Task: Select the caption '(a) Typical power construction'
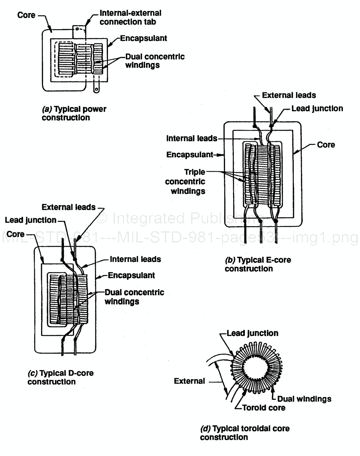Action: tap(74, 113)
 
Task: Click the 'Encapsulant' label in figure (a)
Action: tap(143, 39)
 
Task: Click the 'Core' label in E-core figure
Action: tap(326, 144)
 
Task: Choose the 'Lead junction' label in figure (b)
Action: tap(317, 108)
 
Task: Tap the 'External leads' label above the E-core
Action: tap(289, 95)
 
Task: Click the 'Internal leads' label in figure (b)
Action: tap(191, 139)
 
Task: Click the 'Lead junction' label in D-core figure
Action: tap(30, 220)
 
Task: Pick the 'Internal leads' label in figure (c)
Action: tap(135, 260)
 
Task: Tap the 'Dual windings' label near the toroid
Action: tap(304, 399)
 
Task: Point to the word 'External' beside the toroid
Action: tap(189, 381)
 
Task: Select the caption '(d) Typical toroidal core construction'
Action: tap(244, 432)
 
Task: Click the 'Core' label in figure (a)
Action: tap(27, 16)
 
